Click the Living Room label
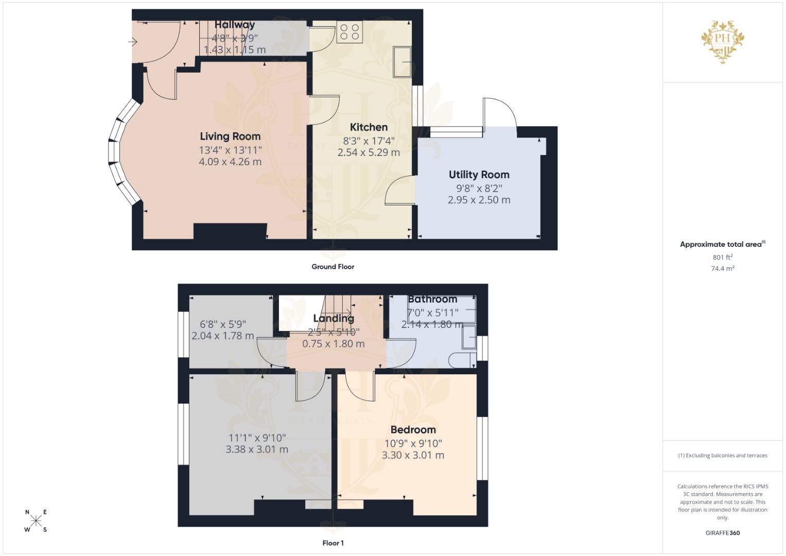[x=230, y=136]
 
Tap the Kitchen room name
[x=369, y=127]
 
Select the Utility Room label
[x=479, y=175]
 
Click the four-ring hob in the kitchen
[x=350, y=32]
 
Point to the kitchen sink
[x=402, y=62]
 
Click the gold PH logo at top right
[x=723, y=41]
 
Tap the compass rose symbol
[x=36, y=520]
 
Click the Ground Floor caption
[x=333, y=267]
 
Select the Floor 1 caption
[x=333, y=543]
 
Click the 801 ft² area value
[x=722, y=257]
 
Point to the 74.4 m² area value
[x=722, y=268]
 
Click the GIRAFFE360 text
[x=722, y=533]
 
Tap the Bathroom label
[x=432, y=299]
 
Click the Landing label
[x=334, y=319]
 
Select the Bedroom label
[x=413, y=430]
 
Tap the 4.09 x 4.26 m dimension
[x=230, y=162]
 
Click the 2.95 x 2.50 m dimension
[x=479, y=200]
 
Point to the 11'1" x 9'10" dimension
[x=257, y=438]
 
